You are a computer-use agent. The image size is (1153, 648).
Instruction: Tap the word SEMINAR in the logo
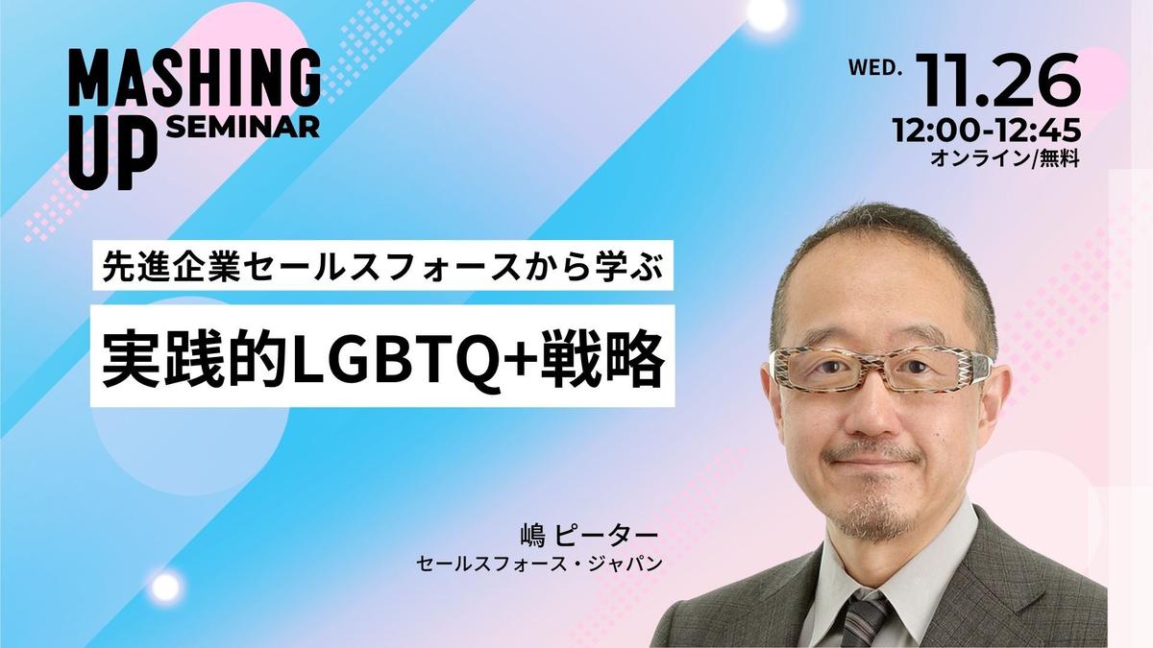coord(244,127)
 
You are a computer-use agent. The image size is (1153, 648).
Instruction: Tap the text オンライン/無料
coord(1005,159)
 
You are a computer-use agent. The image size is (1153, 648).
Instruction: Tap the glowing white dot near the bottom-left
coord(167,587)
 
